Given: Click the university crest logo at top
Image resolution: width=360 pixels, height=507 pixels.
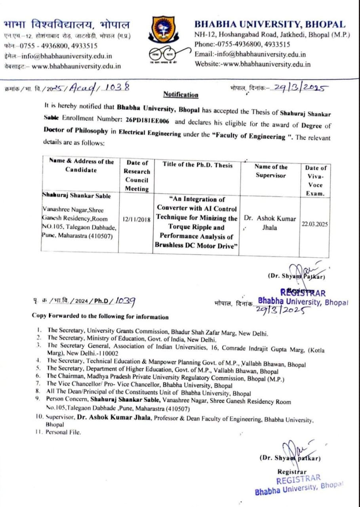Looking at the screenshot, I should coord(164,30).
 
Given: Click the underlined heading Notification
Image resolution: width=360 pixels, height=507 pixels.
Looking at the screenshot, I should coord(181,95).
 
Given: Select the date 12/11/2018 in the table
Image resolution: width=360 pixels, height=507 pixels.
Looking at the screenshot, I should coord(136,219).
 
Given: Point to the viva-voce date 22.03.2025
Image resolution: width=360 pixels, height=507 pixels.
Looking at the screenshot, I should coord(315,223).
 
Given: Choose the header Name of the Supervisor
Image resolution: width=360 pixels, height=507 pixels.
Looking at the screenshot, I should coord(271,171).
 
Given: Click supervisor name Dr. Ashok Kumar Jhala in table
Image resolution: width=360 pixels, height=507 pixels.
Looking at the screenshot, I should coord(270,223).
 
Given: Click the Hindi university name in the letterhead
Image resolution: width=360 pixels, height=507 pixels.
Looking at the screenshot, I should coord(66,25).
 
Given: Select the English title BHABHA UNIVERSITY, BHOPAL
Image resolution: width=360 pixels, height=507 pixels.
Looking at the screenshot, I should coord(270,24).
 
